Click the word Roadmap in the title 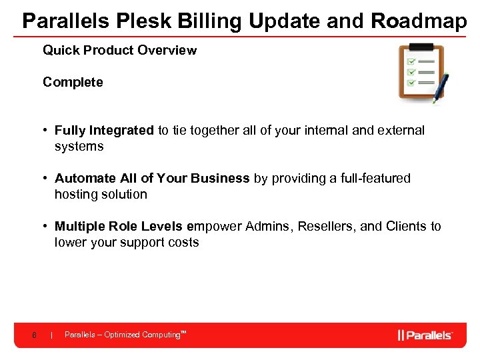point(419,21)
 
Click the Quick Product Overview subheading point(119,50)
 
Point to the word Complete point(73,82)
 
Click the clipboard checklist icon point(420,72)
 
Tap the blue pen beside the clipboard point(441,88)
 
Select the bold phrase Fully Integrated point(104,130)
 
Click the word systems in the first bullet point(79,146)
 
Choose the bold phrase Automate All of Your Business point(152,178)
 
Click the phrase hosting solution point(101,194)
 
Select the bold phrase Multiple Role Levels point(119,226)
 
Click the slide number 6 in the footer point(33,335)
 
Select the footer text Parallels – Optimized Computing point(124,335)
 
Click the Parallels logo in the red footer point(425,335)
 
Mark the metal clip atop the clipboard point(421,47)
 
